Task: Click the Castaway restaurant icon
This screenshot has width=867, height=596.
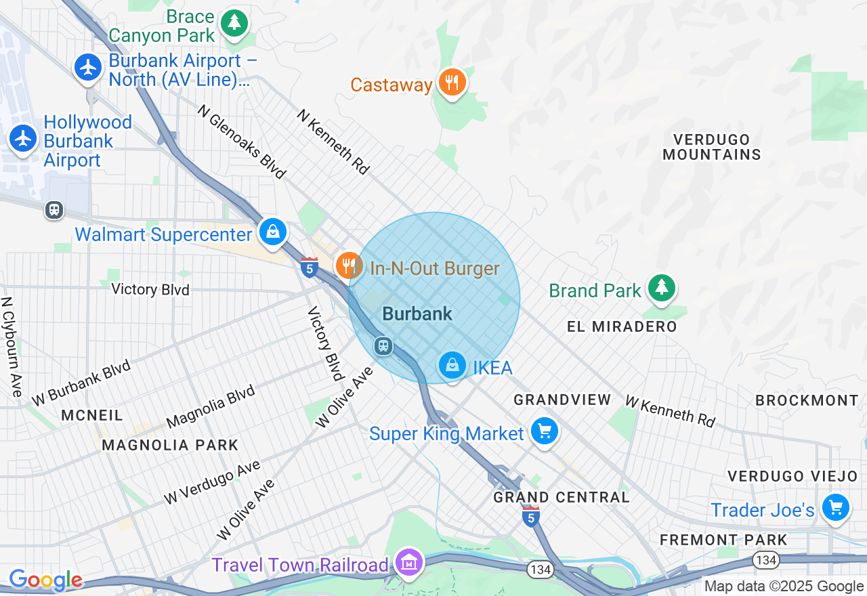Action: click(452, 83)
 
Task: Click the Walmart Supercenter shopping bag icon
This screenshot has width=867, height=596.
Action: click(272, 232)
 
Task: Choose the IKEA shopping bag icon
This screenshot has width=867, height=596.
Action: click(452, 366)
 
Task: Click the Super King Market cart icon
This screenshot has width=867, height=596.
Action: click(544, 431)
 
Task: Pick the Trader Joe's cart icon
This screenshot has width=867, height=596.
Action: click(835, 507)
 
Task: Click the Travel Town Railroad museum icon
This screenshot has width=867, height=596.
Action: click(410, 563)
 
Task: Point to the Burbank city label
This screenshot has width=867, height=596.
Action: click(417, 314)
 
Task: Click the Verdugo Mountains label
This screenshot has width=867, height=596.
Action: click(711, 147)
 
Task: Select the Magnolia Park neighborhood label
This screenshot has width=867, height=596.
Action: click(170, 445)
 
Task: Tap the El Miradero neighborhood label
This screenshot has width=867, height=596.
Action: click(622, 326)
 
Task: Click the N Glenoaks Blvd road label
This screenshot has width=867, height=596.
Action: click(242, 142)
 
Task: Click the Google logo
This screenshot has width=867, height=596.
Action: click(45, 580)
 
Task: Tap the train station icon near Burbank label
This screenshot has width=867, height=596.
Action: click(383, 346)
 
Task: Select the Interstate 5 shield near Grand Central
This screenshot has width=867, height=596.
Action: click(530, 517)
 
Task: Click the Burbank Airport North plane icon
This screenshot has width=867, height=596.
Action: click(88, 67)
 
